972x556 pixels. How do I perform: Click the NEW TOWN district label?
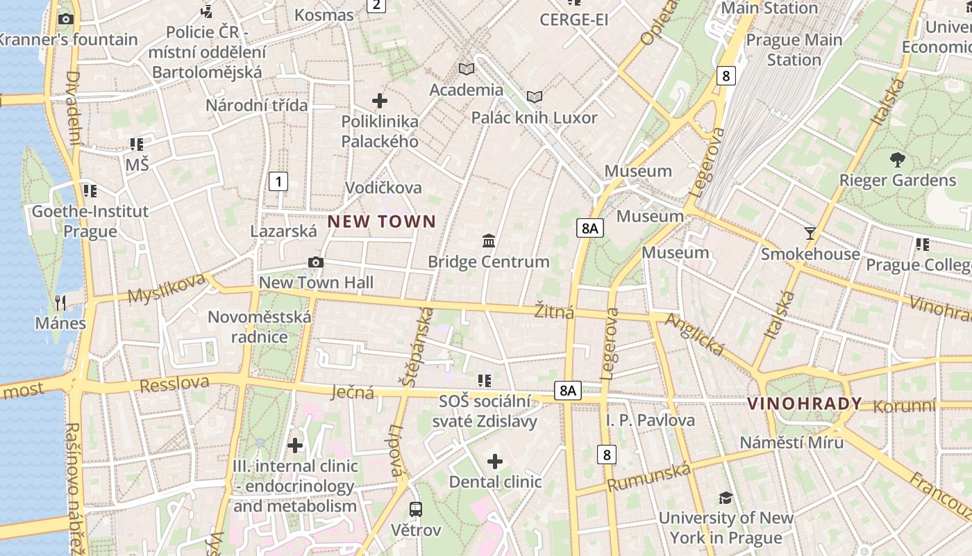(x=382, y=222)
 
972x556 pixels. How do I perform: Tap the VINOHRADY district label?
(x=804, y=403)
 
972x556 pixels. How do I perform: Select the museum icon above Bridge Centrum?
(x=489, y=241)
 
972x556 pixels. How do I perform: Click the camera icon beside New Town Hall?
(x=316, y=262)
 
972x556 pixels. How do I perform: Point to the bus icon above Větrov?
(x=416, y=509)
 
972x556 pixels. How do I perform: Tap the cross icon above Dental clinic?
(x=495, y=461)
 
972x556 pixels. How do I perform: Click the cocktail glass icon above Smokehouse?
(x=810, y=233)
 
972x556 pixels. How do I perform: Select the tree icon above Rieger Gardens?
(x=897, y=159)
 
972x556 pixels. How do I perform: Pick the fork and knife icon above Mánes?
(x=60, y=302)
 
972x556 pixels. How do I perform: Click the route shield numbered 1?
(x=278, y=182)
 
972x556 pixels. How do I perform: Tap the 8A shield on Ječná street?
(x=567, y=391)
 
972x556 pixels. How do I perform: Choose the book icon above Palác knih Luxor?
(x=535, y=97)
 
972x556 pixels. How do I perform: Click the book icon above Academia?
(x=467, y=69)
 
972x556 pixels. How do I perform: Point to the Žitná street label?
(x=554, y=312)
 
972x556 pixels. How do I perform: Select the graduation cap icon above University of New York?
(x=726, y=498)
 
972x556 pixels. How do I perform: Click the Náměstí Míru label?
(x=791, y=443)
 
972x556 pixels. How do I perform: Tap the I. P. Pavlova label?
(x=650, y=420)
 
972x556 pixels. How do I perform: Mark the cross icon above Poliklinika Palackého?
(x=380, y=101)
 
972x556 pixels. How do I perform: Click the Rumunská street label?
(x=648, y=477)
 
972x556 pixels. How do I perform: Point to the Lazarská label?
(x=283, y=231)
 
